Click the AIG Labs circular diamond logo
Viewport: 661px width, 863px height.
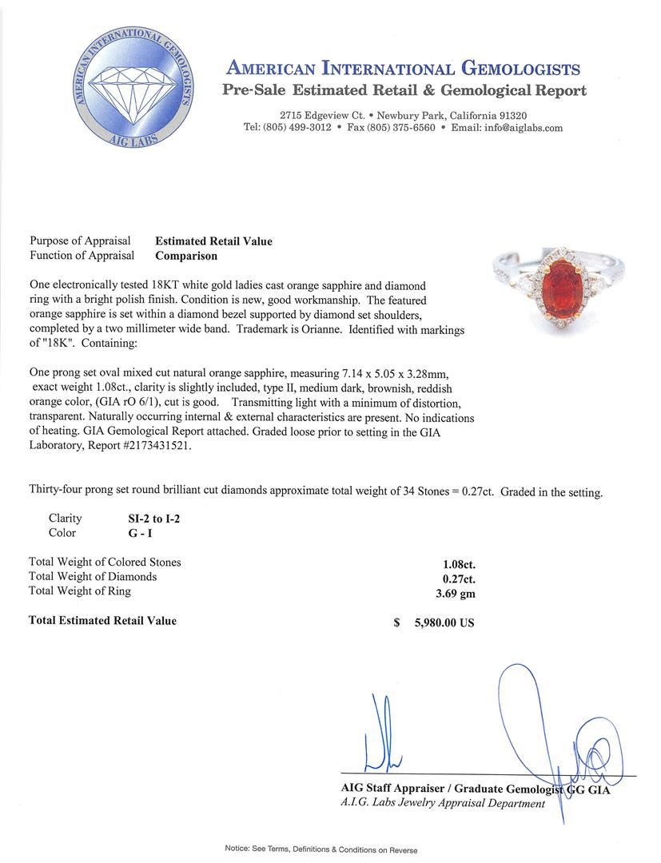tap(131, 88)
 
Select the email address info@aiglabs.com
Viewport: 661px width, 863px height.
tap(519, 128)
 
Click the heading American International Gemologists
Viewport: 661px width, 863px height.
tap(404, 69)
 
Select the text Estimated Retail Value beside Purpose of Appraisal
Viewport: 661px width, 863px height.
tap(213, 241)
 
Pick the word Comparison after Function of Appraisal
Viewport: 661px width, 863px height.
tap(186, 257)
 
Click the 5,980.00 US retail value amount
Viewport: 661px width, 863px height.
tap(440, 622)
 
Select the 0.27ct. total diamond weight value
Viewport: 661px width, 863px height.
tap(453, 577)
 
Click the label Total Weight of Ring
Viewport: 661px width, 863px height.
tap(80, 591)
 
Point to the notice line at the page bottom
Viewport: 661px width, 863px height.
tap(321, 849)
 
